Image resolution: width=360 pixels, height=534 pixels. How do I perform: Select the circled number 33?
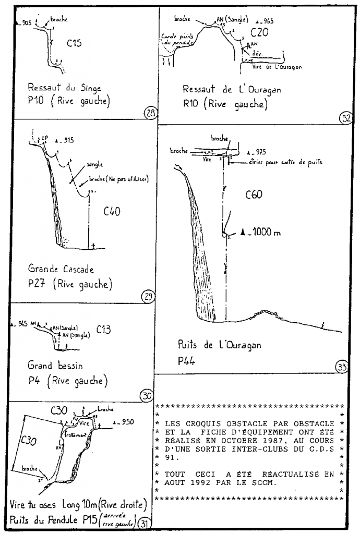click(x=342, y=367)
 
